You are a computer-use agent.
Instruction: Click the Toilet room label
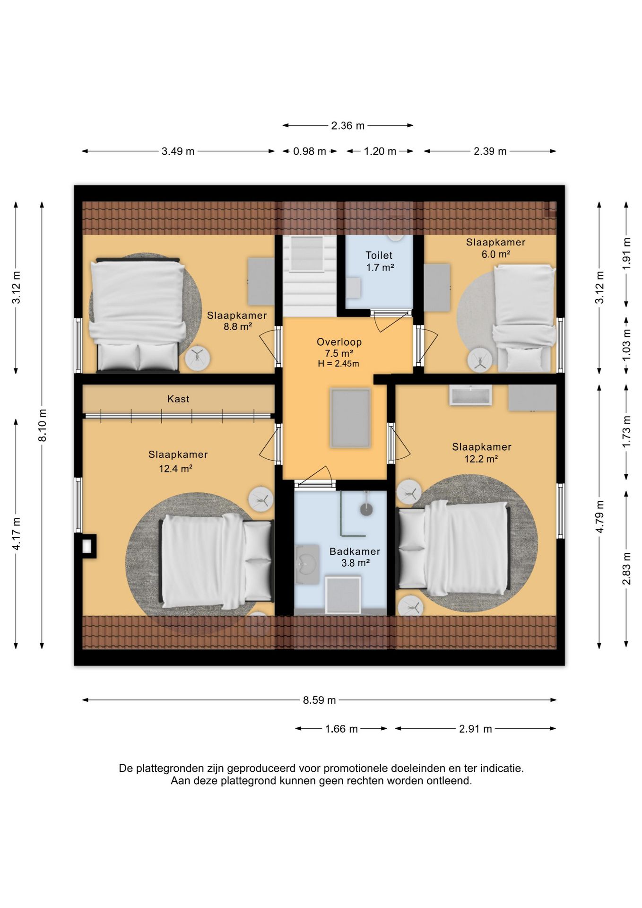pos(379,255)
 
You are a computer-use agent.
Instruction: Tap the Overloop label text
pos(339,342)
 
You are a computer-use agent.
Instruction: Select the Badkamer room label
pos(355,551)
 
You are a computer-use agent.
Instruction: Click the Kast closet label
pos(178,399)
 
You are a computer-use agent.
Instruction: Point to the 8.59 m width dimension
pos(320,700)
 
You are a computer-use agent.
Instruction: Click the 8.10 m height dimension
pos(43,425)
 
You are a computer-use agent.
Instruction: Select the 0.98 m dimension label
pos(310,151)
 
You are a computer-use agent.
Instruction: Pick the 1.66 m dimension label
pos(341,729)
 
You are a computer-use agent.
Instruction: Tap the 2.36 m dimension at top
pos(348,126)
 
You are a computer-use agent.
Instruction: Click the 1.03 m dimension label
pos(626,345)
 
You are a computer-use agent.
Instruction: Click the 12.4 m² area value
pos(175,469)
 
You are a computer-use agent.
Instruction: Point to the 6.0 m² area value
pos(495,254)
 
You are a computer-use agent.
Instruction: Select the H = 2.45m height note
pos(338,364)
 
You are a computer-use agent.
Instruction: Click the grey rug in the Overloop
pos(350,418)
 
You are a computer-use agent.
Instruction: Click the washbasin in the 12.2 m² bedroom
pos(470,395)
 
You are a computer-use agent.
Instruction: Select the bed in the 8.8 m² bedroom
pos(138,315)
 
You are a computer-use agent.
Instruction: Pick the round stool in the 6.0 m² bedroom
pos(480,361)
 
